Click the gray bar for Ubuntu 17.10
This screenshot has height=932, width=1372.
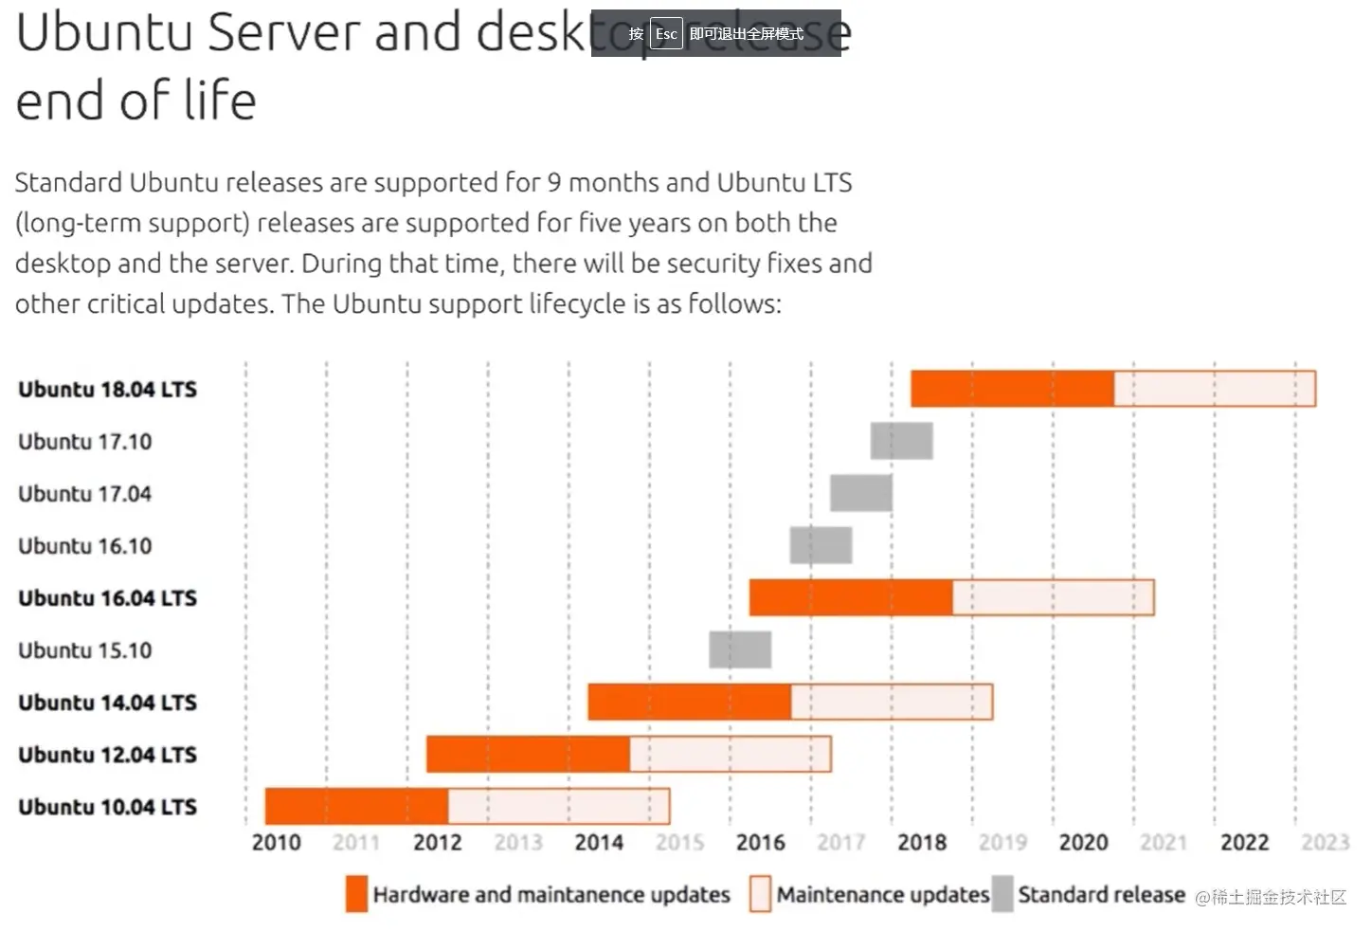901,441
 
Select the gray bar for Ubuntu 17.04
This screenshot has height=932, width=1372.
860,493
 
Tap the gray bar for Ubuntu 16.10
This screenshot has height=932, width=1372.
821,545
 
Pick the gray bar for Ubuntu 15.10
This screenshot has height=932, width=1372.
740,649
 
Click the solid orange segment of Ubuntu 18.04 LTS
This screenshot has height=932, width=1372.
1012,389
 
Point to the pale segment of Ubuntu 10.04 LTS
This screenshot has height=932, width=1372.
559,806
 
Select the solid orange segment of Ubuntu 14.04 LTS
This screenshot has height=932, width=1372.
689,702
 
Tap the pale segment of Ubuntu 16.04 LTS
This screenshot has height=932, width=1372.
1053,597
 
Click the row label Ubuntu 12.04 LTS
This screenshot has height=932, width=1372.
107,755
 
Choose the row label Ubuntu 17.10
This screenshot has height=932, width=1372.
84,442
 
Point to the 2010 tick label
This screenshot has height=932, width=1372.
276,842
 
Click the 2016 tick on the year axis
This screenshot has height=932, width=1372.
760,842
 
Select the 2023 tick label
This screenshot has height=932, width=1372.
1325,842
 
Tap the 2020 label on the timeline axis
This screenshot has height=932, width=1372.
1083,842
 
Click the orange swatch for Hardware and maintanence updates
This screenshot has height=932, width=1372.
356,894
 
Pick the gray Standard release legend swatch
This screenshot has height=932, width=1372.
1002,894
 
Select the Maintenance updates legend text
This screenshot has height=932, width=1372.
882,894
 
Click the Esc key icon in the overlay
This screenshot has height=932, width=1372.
666,34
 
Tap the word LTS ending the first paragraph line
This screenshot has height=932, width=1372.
831,182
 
